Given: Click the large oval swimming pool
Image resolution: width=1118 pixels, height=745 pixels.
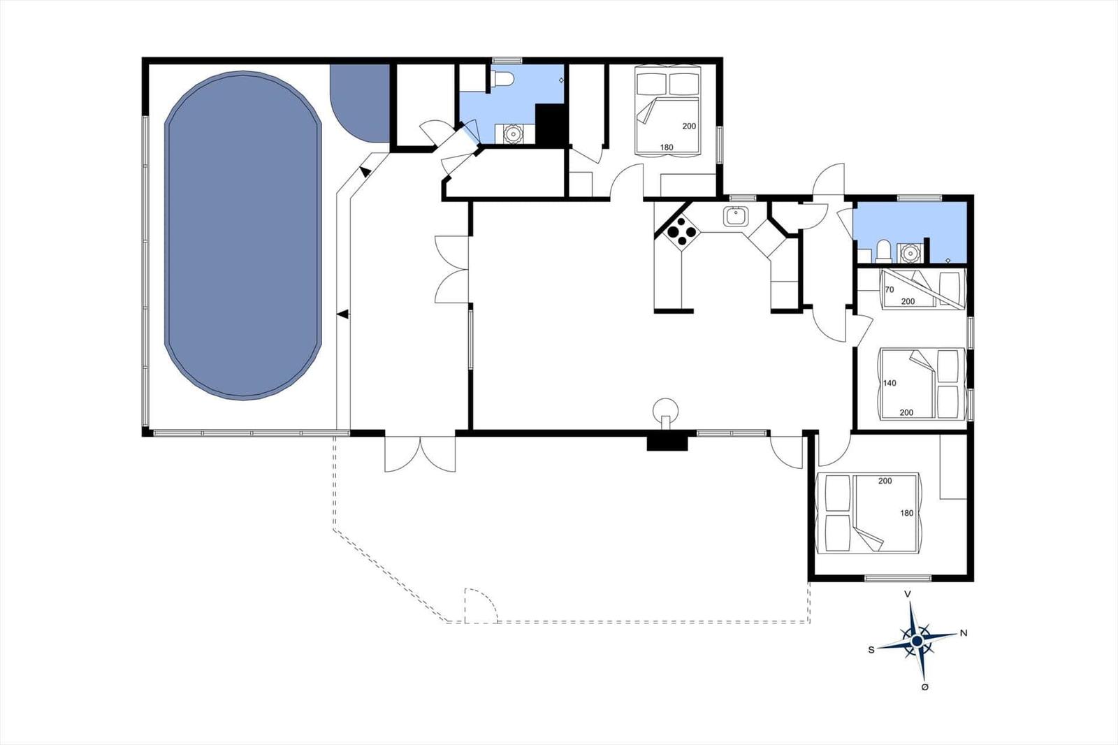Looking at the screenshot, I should click(243, 236).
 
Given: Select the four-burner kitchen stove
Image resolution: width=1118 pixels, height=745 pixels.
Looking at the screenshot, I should click(681, 231).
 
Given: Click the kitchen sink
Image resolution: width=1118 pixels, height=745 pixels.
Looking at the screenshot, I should click(735, 216).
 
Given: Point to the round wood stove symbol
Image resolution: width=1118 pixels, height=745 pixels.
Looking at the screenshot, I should click(665, 408).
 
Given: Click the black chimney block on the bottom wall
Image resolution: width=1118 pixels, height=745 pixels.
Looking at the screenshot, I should click(667, 442).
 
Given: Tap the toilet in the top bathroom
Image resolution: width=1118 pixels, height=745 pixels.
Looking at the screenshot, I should click(502, 79).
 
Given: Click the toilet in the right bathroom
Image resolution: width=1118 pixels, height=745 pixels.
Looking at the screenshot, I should click(884, 250).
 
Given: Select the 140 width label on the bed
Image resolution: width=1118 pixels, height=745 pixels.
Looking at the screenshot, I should click(890, 383).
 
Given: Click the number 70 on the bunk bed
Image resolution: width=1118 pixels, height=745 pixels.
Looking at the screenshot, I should click(889, 289).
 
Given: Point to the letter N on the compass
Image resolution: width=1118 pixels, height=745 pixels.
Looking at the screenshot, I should click(964, 633).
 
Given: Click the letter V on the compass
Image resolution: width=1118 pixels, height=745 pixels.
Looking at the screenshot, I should click(908, 594).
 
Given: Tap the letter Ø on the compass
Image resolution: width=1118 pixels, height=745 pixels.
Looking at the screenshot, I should click(925, 688).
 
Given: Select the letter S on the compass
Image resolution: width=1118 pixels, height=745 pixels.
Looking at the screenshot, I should click(871, 650).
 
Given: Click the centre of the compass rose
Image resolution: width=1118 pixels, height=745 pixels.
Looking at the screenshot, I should click(917, 640).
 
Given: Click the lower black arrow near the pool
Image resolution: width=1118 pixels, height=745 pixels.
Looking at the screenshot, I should click(342, 315).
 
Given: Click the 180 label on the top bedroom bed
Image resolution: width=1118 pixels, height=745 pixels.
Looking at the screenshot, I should click(667, 147).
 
